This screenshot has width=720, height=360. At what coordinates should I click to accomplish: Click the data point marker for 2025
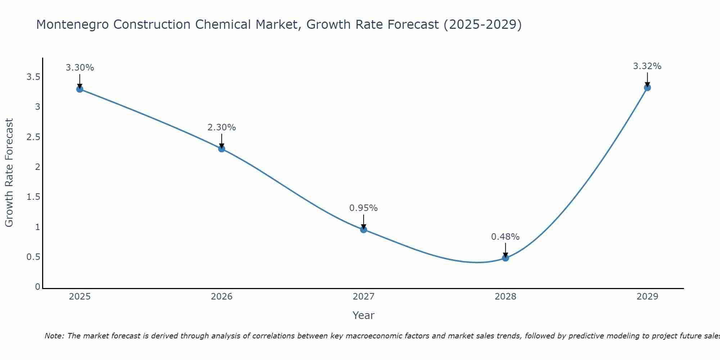point(80,89)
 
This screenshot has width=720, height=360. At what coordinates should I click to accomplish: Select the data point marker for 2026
point(222,149)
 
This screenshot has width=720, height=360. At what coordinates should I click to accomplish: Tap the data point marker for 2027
point(364,229)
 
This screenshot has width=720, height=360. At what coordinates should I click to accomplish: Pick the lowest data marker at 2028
point(505,258)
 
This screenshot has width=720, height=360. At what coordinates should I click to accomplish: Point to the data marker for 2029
point(647,87)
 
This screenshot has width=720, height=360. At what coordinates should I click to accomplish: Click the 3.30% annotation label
point(80,68)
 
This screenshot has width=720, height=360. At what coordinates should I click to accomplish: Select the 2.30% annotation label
point(222,127)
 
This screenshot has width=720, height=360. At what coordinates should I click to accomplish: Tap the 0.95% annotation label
point(364,208)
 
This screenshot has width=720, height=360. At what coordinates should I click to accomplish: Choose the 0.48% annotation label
point(505,237)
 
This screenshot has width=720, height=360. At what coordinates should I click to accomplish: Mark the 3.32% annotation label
point(647,66)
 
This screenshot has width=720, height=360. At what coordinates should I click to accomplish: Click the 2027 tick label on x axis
point(364,297)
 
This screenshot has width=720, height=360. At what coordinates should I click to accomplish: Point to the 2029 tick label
point(647,297)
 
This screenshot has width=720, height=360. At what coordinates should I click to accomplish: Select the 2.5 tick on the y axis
point(33,137)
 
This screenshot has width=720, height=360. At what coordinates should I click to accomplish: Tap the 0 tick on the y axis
point(37,287)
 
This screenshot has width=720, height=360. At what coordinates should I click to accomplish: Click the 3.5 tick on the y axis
point(33,77)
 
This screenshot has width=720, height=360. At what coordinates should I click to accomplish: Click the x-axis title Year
point(364,315)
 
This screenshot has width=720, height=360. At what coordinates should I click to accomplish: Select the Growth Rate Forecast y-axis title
point(9,173)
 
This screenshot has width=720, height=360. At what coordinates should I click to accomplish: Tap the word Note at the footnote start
point(54,336)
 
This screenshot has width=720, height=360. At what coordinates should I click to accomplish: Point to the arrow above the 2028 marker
point(505,250)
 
